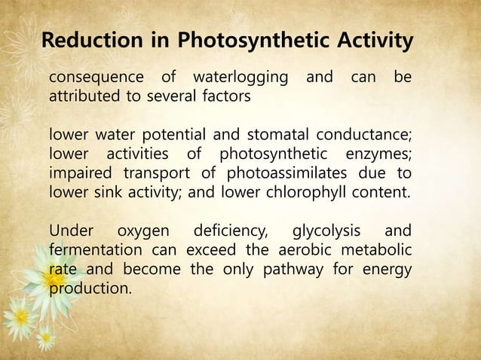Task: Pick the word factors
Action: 226,97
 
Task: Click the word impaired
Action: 78,173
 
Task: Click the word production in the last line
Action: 88,287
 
